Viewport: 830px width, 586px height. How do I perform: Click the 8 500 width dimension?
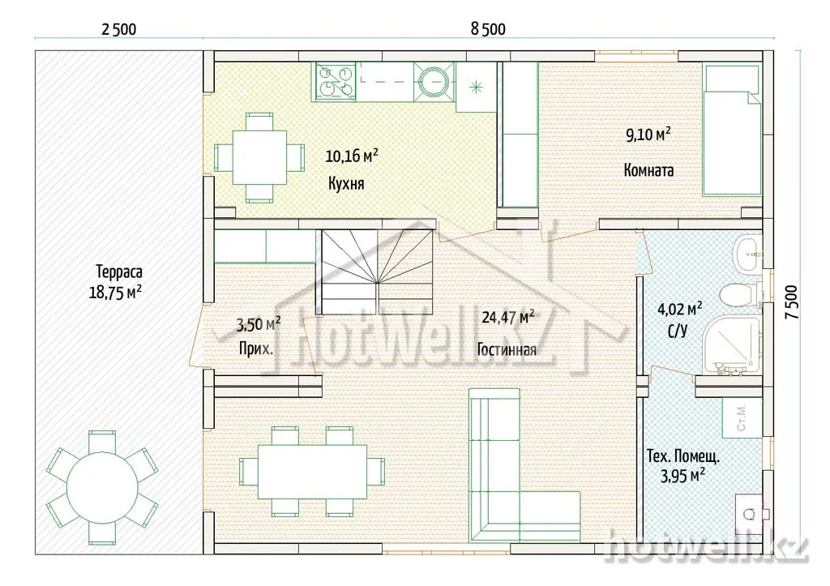[488, 28]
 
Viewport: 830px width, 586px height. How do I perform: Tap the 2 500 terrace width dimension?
[118, 28]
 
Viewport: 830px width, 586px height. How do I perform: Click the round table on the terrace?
[102, 488]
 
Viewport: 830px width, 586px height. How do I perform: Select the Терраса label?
[119, 272]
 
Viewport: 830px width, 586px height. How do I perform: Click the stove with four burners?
[335, 82]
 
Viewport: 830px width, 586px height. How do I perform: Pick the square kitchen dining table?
[259, 157]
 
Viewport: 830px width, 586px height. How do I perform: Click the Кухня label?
[346, 184]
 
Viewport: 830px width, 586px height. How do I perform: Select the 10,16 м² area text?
[352, 156]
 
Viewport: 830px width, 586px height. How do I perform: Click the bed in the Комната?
[732, 130]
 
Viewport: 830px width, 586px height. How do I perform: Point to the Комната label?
[648, 170]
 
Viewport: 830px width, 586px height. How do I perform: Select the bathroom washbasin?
[747, 255]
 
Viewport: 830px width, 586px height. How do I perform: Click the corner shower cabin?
[732, 345]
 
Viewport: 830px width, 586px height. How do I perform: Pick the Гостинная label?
[507, 350]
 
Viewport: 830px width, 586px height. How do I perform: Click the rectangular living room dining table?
[312, 472]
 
